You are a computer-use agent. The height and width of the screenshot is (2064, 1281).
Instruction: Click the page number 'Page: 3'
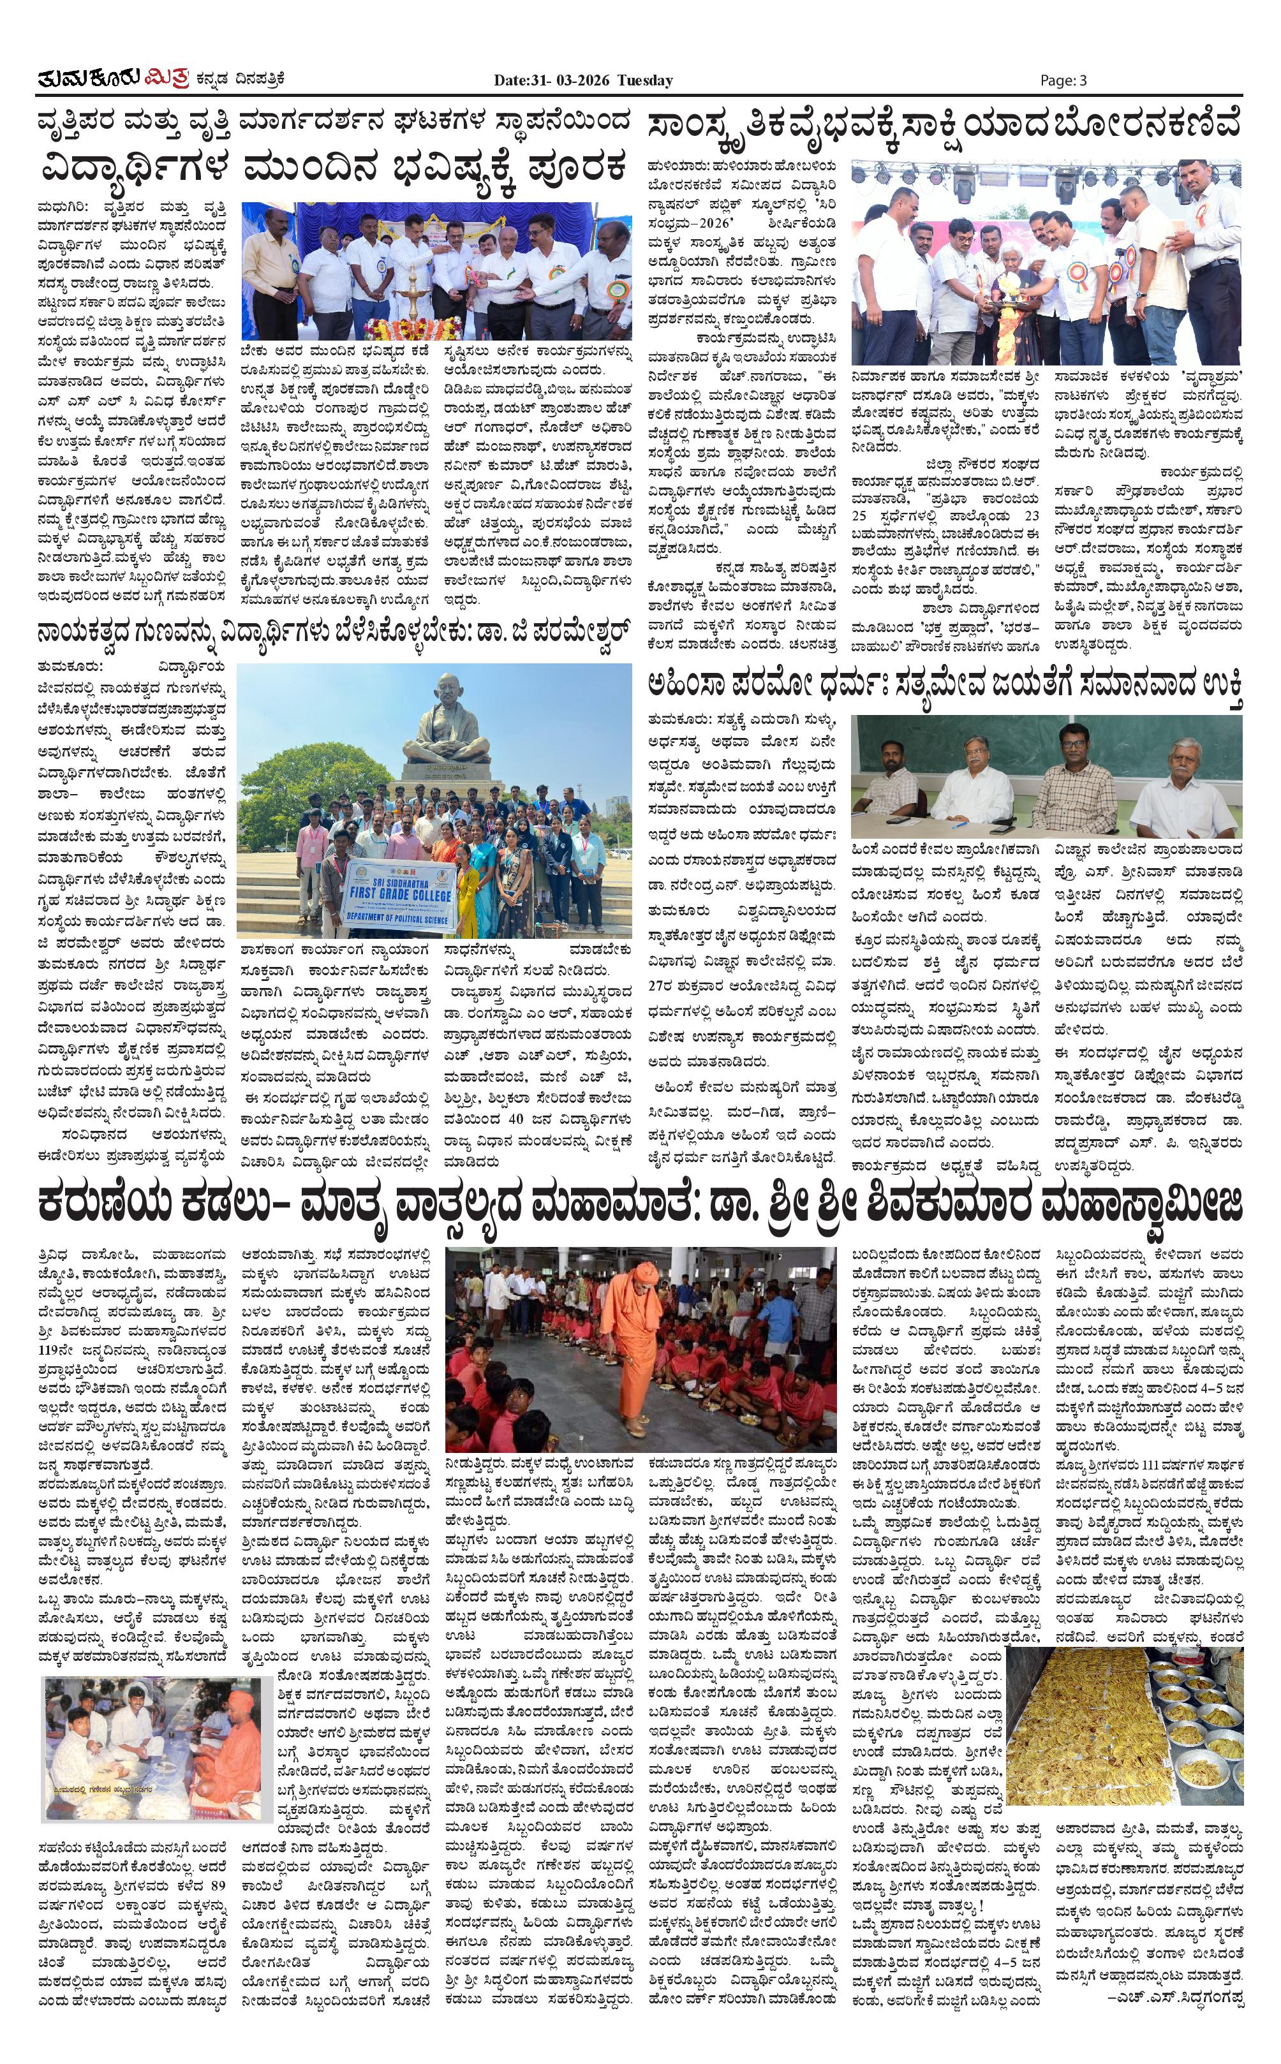click(1063, 80)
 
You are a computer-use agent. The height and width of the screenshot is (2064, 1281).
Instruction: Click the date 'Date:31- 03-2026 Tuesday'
click(584, 80)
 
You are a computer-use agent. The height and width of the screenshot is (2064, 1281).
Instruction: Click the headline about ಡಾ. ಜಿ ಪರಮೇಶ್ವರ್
click(334, 633)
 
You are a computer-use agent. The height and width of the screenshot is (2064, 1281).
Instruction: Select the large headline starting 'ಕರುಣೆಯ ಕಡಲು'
click(640, 1205)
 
